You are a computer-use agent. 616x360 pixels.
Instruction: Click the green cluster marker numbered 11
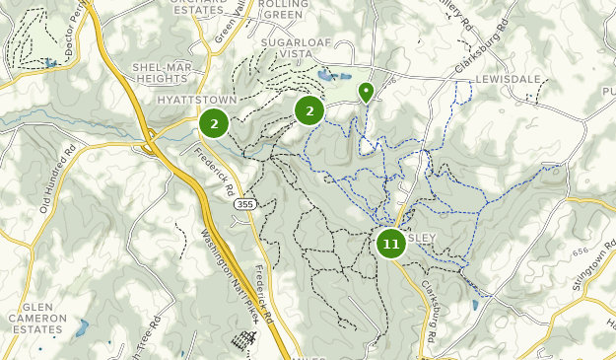391,244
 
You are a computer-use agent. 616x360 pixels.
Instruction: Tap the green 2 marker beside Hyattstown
214,123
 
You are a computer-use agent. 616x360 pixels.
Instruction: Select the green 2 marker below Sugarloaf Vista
309,110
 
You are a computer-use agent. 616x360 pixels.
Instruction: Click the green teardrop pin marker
367,93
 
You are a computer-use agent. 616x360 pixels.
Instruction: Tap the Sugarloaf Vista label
308,51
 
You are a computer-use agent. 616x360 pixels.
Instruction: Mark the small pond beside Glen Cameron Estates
82,326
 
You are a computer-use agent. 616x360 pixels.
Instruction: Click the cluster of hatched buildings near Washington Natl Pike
241,341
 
